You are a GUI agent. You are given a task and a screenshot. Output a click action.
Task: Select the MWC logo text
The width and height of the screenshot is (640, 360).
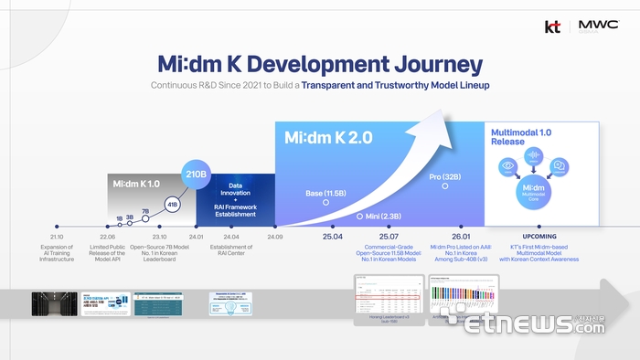(593, 26)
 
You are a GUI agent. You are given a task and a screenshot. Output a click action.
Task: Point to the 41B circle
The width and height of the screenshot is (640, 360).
(172, 204)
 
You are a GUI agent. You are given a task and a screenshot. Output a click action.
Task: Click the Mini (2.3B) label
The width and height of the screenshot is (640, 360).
(382, 216)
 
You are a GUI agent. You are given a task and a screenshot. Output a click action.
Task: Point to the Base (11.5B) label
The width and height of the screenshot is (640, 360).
(325, 194)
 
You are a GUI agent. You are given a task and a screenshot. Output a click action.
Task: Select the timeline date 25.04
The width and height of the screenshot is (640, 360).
(331, 236)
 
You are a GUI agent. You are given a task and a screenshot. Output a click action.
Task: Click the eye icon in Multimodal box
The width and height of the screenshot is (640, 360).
(507, 167)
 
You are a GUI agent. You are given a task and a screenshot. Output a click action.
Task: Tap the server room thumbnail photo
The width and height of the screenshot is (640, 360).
(54, 303)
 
